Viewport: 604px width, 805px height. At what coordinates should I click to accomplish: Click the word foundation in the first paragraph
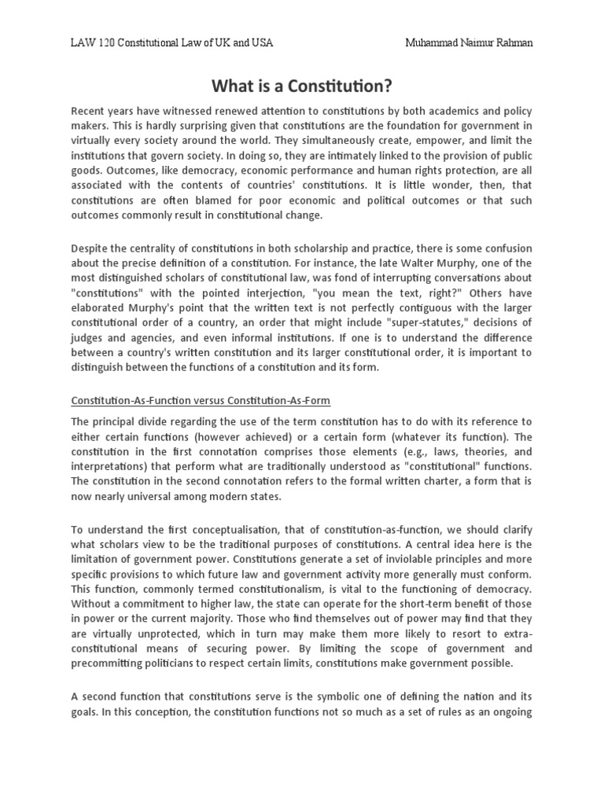click(414, 127)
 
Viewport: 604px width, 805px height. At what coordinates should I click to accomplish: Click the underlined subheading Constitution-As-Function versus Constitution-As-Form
click(201, 400)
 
